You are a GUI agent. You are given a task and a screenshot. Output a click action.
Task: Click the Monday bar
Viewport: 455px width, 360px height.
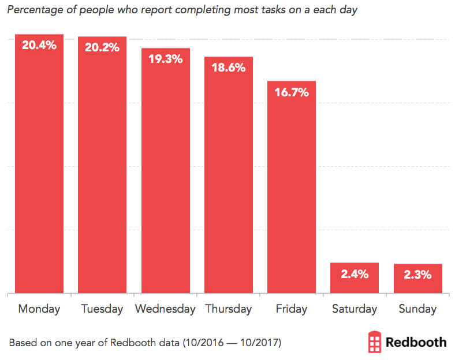click(39, 167)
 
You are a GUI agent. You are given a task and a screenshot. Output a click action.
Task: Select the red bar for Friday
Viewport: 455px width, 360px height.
click(291, 190)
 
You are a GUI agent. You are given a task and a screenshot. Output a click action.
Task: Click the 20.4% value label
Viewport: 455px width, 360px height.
click(39, 44)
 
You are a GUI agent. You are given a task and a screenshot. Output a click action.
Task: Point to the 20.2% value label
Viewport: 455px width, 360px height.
click(102, 47)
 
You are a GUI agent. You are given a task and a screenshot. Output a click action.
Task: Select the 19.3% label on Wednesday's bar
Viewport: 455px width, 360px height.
click(165, 59)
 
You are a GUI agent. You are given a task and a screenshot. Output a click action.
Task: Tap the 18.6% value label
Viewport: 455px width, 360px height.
click(228, 67)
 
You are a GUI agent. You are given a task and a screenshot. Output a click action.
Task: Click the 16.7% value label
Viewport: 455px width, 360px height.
click(291, 92)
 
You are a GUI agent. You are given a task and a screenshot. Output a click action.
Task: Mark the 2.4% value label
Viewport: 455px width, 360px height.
click(354, 274)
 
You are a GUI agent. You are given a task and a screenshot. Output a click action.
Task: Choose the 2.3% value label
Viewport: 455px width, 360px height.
click(417, 275)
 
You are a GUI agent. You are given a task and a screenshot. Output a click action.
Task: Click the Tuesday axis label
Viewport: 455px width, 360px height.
click(102, 309)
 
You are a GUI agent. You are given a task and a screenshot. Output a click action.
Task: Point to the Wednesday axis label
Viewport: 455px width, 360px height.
click(165, 309)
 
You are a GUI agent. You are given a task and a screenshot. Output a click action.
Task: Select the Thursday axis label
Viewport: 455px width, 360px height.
click(228, 309)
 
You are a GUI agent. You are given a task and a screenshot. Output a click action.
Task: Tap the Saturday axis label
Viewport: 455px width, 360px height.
click(354, 309)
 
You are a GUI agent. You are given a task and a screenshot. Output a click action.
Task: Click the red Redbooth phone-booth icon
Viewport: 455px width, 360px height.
click(375, 342)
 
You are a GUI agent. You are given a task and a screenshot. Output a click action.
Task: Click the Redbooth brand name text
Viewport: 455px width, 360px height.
click(416, 342)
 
